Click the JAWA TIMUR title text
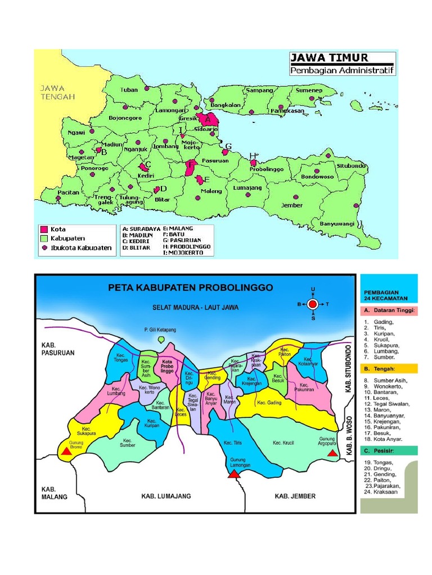[329, 58]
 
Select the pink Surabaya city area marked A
[209, 119]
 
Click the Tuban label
[129, 90]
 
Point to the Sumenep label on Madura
[309, 90]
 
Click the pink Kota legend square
[43, 229]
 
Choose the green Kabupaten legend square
[43, 238]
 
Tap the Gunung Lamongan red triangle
[233, 473]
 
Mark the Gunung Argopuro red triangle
[332, 453]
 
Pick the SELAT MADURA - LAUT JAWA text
[195, 307]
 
